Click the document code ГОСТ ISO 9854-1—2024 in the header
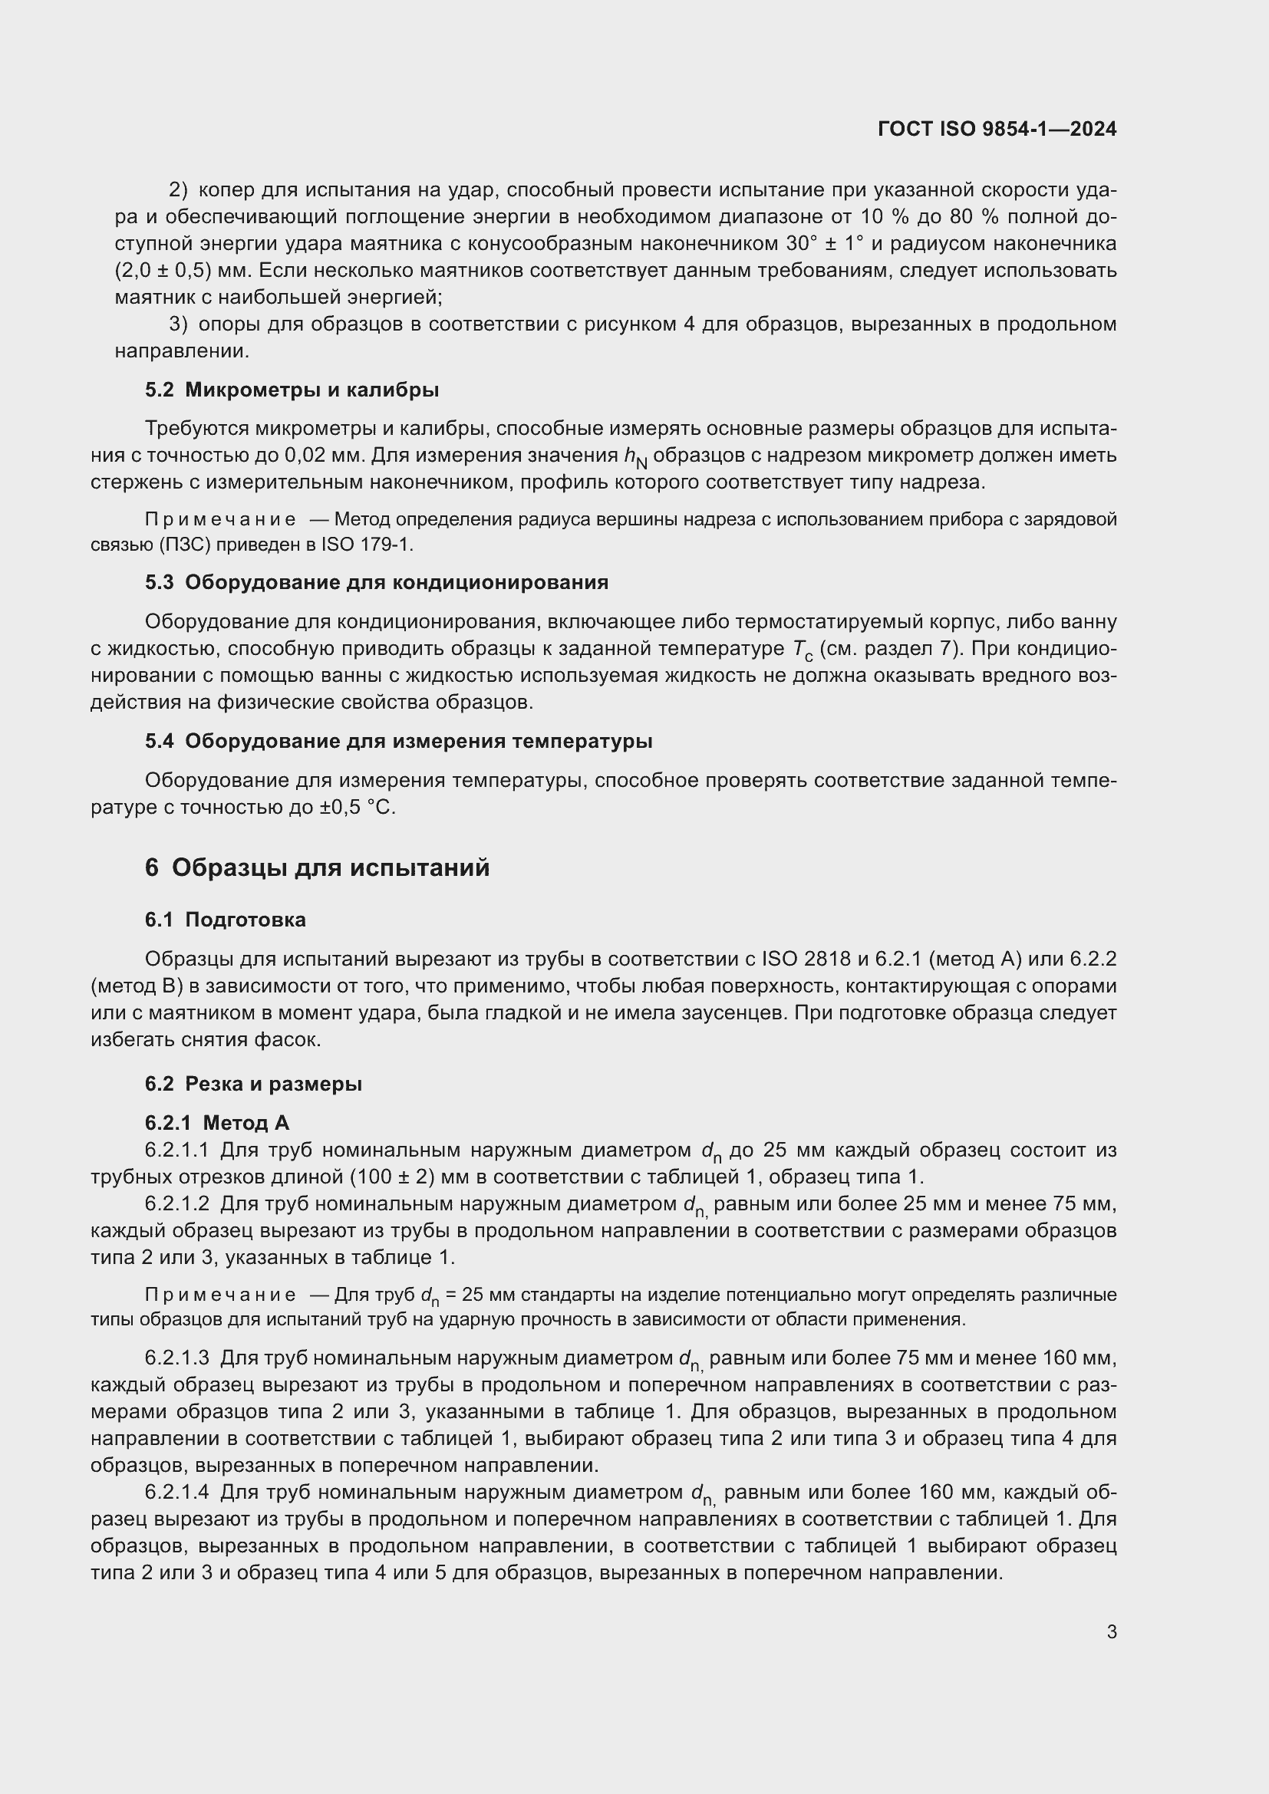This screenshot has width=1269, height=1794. pos(997,129)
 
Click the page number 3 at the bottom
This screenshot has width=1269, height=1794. pos(1111,1632)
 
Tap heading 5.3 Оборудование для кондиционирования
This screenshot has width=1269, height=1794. pos(376,583)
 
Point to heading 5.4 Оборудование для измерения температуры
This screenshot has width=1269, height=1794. pos(397,742)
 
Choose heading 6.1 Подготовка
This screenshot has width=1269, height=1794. pos(225,920)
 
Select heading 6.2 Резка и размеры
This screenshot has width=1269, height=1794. pos(253,1085)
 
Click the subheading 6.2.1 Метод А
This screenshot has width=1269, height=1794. pos(216,1124)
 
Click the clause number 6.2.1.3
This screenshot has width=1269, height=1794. pos(176,1359)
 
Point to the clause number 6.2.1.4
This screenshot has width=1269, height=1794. pos(176,1493)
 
